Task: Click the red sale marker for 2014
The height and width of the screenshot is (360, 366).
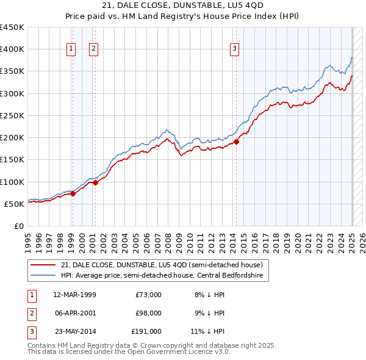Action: [236, 142]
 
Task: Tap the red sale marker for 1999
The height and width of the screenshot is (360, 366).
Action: [73, 194]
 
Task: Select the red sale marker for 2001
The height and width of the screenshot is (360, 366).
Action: [95, 182]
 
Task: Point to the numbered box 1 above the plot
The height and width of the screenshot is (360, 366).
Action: [71, 49]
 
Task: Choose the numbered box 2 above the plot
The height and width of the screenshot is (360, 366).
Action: [93, 49]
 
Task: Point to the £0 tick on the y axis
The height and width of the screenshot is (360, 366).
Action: [19, 226]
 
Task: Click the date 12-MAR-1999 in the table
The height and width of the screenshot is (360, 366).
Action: [74, 295]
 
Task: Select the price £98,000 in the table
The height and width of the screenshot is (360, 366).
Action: [148, 313]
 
